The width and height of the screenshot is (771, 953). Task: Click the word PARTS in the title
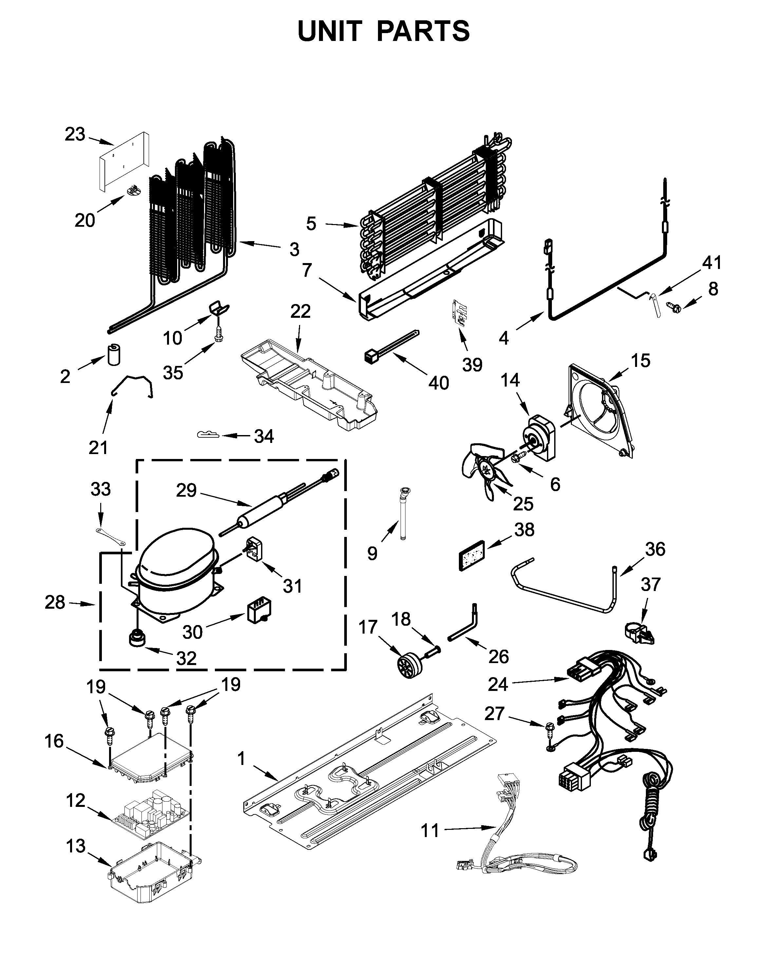pyautogui.click(x=423, y=31)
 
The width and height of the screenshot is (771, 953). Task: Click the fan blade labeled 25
pyautogui.click(x=484, y=471)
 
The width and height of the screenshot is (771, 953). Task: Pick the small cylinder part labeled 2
pyautogui.click(x=114, y=354)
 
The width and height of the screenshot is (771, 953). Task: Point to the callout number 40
pyautogui.click(x=438, y=383)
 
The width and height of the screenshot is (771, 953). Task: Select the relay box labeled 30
pyautogui.click(x=260, y=611)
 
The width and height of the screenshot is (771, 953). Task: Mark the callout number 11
pyautogui.click(x=429, y=830)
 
